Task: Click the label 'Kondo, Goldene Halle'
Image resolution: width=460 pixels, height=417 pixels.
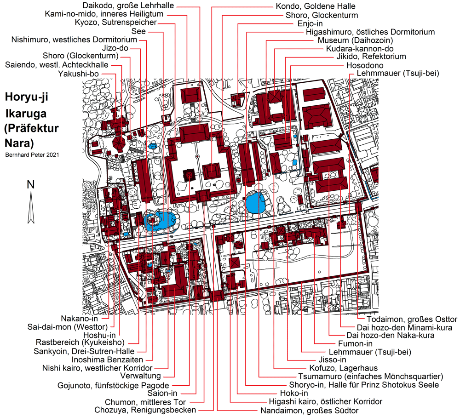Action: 316,6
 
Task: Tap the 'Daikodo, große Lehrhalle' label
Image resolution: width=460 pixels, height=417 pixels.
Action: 128,6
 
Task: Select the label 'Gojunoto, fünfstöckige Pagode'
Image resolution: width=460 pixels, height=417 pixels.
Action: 113,385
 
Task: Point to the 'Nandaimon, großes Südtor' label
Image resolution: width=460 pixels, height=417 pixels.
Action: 310,411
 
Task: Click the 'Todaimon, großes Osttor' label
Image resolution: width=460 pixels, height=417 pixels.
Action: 412,320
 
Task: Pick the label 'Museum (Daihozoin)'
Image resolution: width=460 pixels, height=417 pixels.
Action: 355,40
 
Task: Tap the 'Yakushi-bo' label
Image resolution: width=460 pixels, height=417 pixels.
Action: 78,74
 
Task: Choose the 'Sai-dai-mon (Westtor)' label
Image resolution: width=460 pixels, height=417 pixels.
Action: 68,327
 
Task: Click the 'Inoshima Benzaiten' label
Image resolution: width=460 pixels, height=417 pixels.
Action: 107,360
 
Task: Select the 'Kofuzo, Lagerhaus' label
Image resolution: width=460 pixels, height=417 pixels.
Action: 344,368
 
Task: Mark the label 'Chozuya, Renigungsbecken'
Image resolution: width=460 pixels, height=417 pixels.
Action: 145,410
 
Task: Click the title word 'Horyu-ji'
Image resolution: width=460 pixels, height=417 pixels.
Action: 26,97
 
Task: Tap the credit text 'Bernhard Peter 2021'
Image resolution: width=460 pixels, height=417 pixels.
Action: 32,154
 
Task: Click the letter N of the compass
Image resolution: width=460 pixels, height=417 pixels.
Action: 31,184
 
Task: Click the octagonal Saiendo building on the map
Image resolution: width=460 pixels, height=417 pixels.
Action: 119,144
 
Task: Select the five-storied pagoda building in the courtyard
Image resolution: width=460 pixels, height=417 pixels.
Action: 189,175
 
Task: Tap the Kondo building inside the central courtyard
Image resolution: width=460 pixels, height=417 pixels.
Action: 211,171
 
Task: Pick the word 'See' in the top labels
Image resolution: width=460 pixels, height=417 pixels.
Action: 138,31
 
